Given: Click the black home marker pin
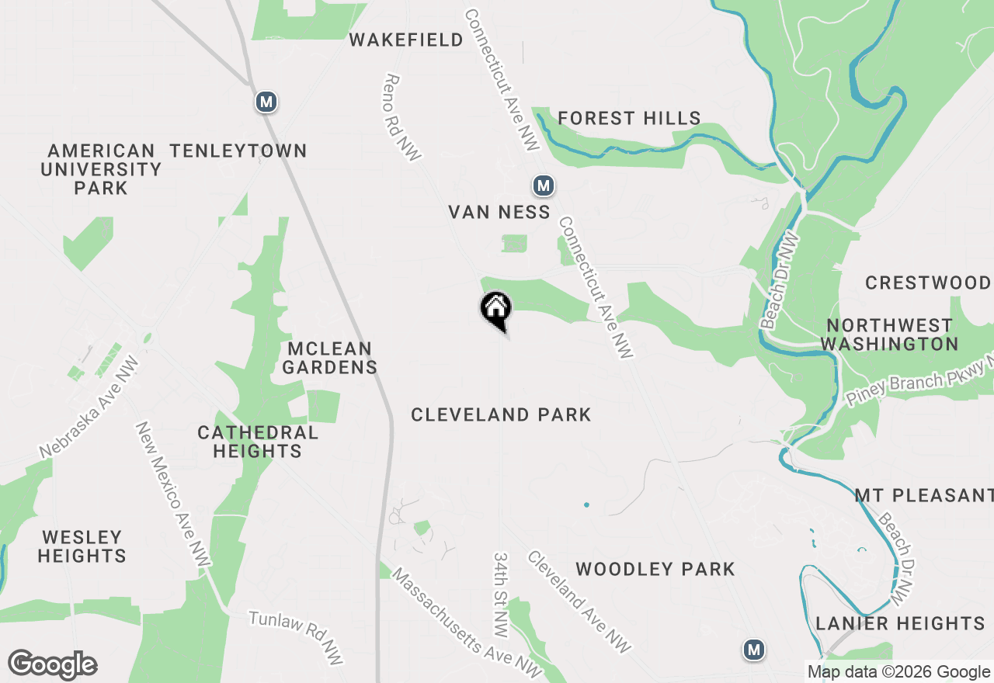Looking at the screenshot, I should click(495, 309).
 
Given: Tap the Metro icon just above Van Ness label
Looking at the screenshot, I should click(543, 185).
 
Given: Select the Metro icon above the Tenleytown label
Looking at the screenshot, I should click(266, 102).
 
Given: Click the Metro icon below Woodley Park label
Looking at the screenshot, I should click(752, 650).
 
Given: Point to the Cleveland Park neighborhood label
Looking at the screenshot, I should click(501, 414).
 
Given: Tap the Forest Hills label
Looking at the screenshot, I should click(629, 118).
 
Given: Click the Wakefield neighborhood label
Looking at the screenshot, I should click(406, 40).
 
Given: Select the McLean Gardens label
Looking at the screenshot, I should click(329, 358).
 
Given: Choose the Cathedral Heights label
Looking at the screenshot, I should click(258, 442).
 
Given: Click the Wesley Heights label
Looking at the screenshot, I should click(82, 546).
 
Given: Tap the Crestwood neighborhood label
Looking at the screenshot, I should click(928, 283).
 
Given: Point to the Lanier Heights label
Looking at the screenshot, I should click(900, 623).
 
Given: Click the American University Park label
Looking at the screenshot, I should click(101, 169).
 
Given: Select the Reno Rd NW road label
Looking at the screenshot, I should click(402, 117).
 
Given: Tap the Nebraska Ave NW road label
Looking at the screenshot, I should click(89, 407).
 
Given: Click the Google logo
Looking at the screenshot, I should click(53, 664).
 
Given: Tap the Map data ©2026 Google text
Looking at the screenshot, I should click(898, 672).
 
